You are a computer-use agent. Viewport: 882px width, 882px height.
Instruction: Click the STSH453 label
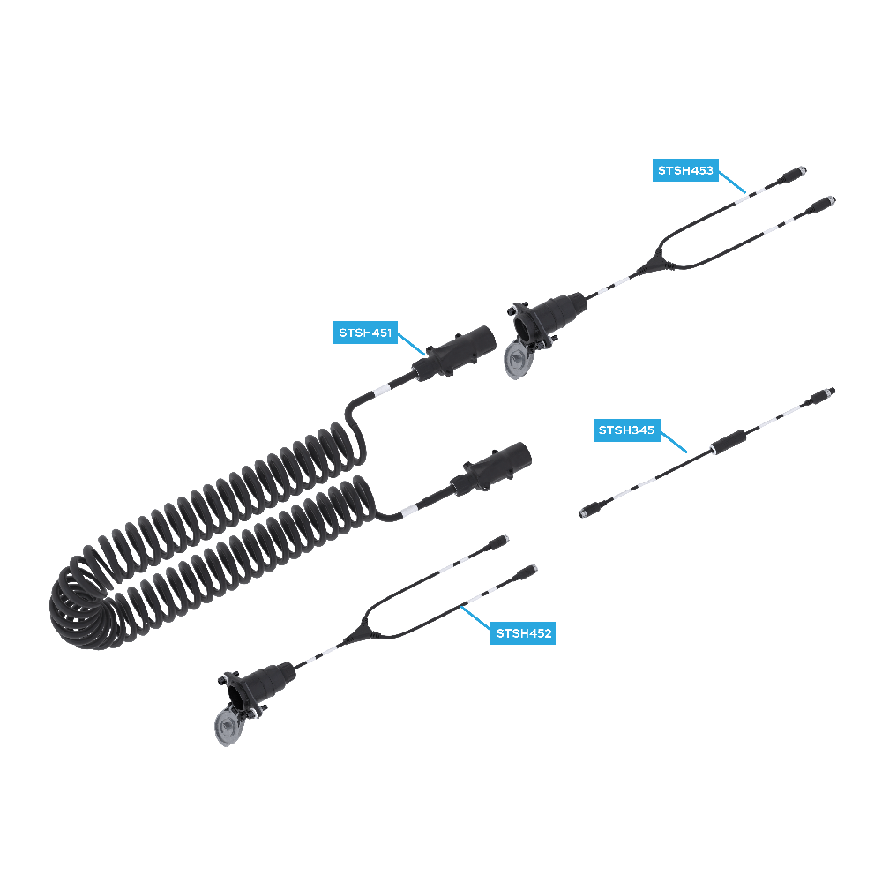[x=685, y=170]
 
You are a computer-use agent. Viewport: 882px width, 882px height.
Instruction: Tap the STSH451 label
[x=365, y=333]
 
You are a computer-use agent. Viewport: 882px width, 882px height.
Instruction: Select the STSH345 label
[x=625, y=430]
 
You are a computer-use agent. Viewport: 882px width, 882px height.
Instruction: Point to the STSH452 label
[x=523, y=632]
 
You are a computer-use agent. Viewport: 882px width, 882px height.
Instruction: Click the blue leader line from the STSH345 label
[x=673, y=438]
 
